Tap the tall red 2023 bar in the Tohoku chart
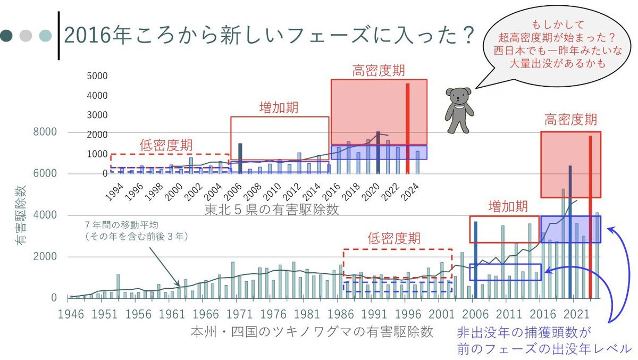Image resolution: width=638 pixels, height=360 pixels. [x=408, y=128]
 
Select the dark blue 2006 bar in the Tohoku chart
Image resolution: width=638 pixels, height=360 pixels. [x=240, y=158]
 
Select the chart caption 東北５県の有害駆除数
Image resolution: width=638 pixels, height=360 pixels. [x=271, y=210]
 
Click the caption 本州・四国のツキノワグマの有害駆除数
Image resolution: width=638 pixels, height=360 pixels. [x=312, y=332]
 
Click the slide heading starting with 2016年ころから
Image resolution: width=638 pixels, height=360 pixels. [x=269, y=36]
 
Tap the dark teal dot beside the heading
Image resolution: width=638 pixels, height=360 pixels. [x=8, y=36]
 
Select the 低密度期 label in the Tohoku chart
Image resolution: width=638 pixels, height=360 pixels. [x=166, y=145]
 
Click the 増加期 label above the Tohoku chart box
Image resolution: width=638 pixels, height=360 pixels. [x=279, y=107]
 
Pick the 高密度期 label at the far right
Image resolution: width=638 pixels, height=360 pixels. [x=570, y=120]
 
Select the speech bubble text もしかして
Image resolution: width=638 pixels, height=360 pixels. [x=550, y=25]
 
